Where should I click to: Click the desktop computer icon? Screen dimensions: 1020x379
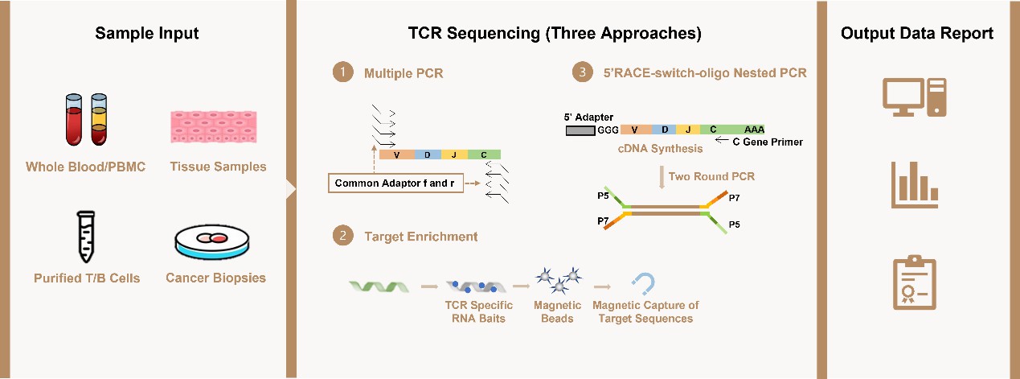point(915,97)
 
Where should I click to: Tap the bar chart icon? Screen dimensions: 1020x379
point(915,185)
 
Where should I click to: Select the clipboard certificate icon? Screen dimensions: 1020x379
point(915,282)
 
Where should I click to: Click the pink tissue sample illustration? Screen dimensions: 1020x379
point(214,127)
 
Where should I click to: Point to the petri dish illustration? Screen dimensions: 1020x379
point(212,242)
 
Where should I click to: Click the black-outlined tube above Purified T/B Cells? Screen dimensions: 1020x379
point(86,237)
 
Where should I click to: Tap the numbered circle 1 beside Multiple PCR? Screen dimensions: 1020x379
point(343,72)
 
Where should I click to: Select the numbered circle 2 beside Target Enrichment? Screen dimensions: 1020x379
point(343,235)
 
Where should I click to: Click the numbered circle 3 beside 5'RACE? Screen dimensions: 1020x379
point(583,72)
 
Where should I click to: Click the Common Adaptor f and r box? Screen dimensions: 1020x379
point(395,183)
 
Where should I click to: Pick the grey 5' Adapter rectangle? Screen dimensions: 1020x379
point(580,131)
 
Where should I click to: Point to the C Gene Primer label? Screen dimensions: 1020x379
point(768,142)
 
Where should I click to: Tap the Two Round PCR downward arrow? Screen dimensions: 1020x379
point(662,177)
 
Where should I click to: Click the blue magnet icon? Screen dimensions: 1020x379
point(644,283)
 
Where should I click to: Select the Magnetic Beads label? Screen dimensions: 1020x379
point(557,311)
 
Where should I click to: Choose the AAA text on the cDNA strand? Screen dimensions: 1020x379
point(754,130)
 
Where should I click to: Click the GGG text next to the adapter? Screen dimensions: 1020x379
point(608,130)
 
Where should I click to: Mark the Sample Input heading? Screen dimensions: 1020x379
point(146,33)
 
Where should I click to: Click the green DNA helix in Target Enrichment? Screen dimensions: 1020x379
point(379,287)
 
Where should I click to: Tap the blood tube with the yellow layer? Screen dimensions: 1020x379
point(99,119)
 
